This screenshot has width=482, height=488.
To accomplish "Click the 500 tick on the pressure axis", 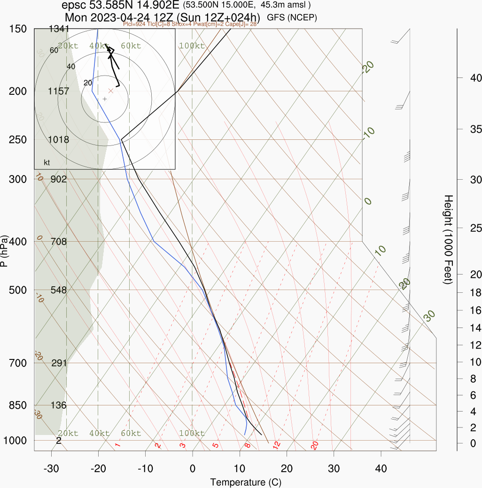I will [x=17, y=290].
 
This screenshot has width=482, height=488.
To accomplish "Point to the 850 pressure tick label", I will [x=17, y=405].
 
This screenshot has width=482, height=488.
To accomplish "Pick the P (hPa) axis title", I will [x=5, y=251].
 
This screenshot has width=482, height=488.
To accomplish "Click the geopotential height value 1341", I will [x=59, y=30].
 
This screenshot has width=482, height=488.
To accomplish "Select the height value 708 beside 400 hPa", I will [x=59, y=242].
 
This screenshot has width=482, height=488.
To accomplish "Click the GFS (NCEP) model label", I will [x=292, y=18].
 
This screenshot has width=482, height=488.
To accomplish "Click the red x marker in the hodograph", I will [x=111, y=91].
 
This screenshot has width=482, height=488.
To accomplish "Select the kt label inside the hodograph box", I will [x=47, y=163].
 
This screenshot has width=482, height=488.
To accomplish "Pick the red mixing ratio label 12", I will [x=277, y=444].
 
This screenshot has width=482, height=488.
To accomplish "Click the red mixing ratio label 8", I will [x=248, y=445].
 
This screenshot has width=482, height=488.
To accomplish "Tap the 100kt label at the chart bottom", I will [x=192, y=433].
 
